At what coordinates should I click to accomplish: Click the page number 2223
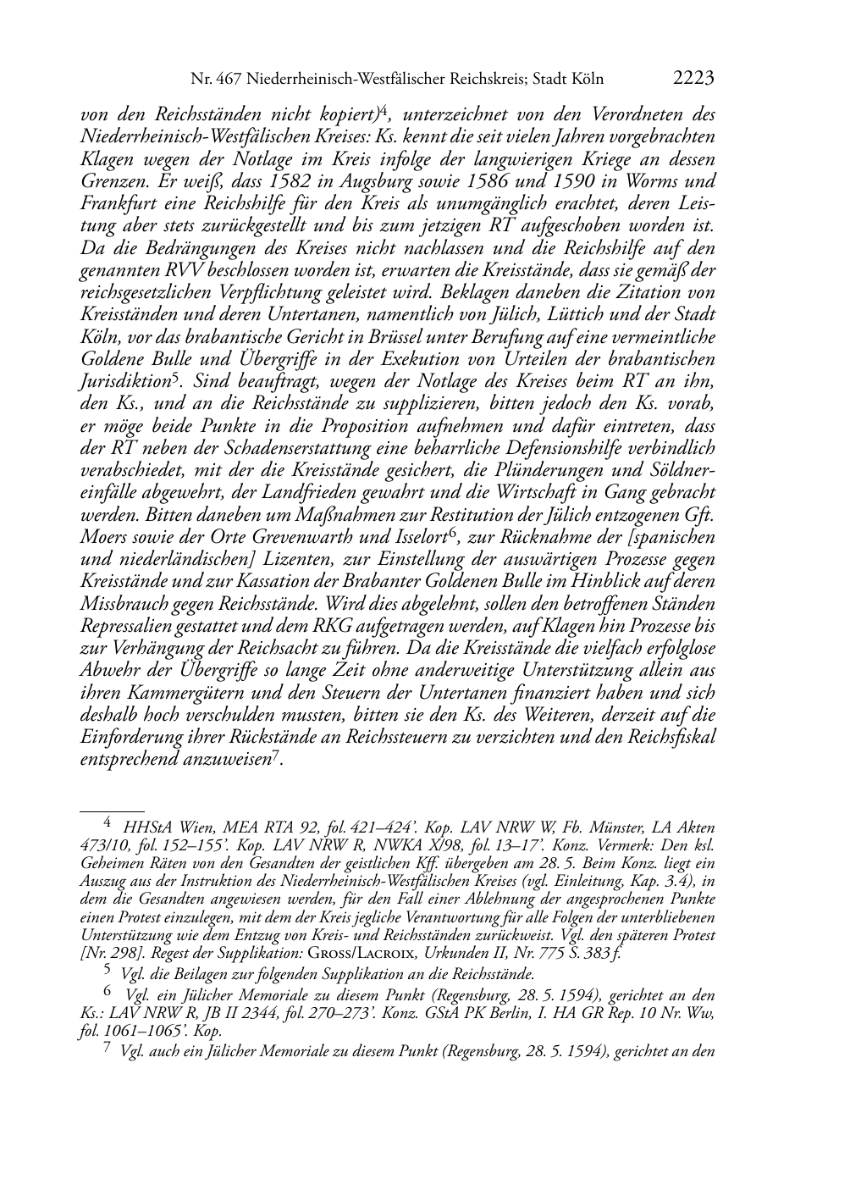693,79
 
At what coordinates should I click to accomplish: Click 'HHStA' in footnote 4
146,827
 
